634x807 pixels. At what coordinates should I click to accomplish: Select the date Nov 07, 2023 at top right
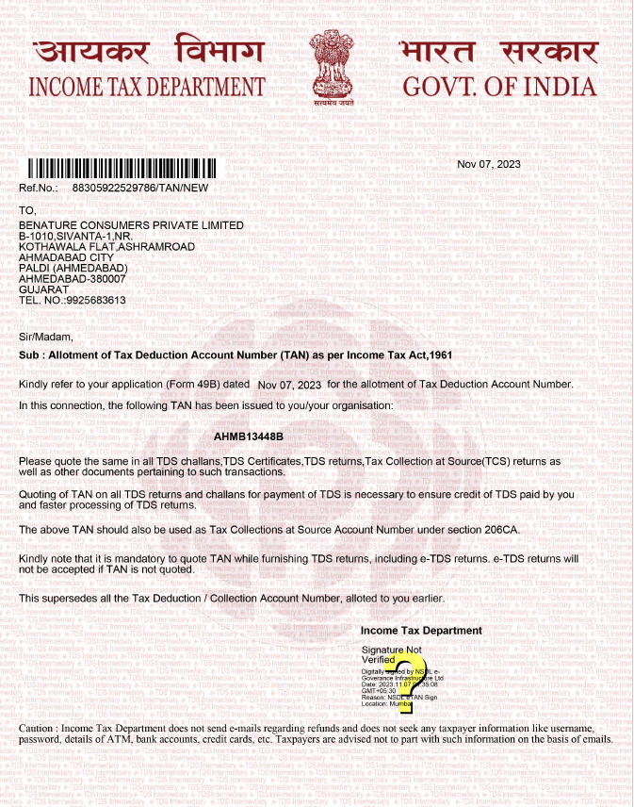[x=488, y=164]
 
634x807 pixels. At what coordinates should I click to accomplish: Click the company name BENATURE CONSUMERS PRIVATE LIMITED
[x=131, y=225]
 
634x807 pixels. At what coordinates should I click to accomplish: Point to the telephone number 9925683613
[x=93, y=301]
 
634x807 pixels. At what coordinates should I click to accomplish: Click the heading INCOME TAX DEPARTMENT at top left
[x=147, y=88]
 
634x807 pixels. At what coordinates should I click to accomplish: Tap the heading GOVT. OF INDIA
[x=499, y=88]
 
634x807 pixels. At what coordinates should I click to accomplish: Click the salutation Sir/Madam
[x=45, y=336]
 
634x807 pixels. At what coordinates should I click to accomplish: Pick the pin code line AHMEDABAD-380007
[x=73, y=279]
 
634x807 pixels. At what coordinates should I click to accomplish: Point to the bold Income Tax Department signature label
[x=421, y=630]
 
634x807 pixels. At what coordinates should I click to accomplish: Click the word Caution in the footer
[x=39, y=730]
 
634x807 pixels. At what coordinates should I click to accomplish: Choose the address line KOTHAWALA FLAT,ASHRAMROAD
[x=107, y=247]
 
